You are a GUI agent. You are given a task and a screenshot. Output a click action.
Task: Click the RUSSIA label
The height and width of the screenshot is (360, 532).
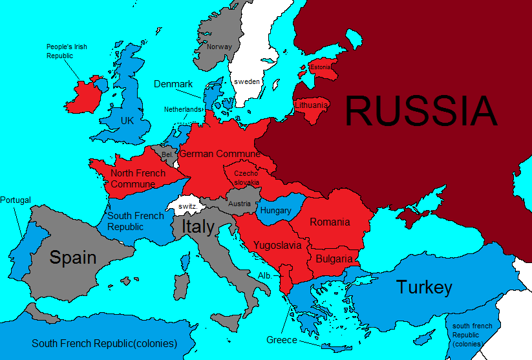(421, 111)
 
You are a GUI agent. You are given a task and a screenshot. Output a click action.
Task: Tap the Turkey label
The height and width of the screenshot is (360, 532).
(424, 287)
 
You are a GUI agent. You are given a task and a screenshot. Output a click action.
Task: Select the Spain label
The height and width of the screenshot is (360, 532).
(73, 257)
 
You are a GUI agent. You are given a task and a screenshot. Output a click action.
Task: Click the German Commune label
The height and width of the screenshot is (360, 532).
(219, 154)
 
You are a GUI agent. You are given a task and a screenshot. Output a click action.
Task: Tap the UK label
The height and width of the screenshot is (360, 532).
(127, 120)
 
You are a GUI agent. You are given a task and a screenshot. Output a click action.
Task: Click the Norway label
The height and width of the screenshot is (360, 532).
(218, 47)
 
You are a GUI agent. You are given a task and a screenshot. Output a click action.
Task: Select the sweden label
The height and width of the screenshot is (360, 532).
(247, 81)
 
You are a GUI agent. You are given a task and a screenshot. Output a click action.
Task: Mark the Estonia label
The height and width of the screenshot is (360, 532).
(321, 67)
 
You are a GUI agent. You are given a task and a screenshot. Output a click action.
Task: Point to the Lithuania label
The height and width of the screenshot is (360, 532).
(311, 105)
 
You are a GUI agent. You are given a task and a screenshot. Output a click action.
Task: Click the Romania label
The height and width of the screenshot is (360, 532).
(330, 222)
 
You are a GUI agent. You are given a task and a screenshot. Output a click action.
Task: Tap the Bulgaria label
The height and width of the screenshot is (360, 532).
(334, 259)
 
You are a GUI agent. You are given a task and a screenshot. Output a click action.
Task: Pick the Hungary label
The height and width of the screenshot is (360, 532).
(275, 210)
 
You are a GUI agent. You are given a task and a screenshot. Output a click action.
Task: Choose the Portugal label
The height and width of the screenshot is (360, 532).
(16, 200)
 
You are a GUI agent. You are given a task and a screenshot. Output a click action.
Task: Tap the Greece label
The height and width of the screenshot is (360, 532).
(282, 340)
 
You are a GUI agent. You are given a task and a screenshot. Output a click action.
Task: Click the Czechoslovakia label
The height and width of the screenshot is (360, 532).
(246, 178)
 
